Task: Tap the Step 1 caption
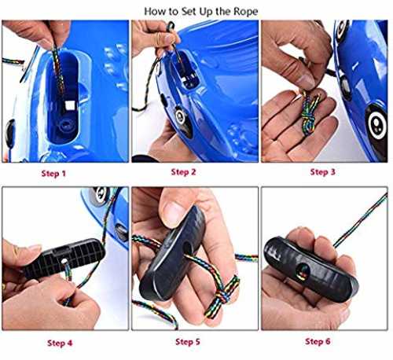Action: tap(53, 174)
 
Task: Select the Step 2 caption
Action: tap(183, 172)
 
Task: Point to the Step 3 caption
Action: tap(322, 172)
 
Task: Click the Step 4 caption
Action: tap(60, 343)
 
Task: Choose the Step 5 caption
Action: tap(188, 342)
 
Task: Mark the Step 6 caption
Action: tap(318, 341)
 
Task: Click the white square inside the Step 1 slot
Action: tap(70, 105)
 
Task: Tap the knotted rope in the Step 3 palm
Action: tap(310, 112)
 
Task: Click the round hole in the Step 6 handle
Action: tap(303, 272)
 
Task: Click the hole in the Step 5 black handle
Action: tap(186, 248)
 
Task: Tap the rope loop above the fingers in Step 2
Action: tap(171, 27)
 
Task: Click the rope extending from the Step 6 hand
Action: tap(361, 220)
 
